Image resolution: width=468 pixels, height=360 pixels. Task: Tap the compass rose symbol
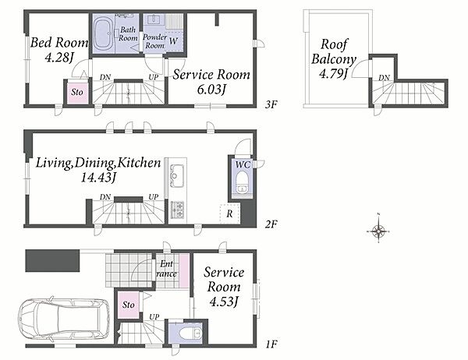pyautogui.click(x=378, y=231)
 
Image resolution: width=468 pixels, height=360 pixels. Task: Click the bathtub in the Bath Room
pyautogui.click(x=103, y=34)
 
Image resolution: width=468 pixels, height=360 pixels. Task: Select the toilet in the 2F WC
pyautogui.click(x=242, y=182)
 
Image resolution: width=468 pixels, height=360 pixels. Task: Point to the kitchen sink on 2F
pyautogui.click(x=177, y=176)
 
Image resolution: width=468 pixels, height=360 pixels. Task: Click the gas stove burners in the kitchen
pyautogui.click(x=178, y=210)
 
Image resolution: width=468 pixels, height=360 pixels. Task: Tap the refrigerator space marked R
pyautogui.click(x=230, y=214)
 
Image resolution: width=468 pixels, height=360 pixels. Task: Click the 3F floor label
pyautogui.click(x=271, y=104)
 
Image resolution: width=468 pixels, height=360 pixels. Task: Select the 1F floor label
pyautogui.click(x=271, y=344)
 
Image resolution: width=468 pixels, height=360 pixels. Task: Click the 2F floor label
pyautogui.click(x=271, y=224)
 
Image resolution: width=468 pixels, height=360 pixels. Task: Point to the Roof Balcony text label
pyautogui.click(x=334, y=52)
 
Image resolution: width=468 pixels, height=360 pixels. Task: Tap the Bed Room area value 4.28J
pyautogui.click(x=59, y=57)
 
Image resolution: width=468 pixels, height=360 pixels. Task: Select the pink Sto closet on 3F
pyautogui.click(x=77, y=92)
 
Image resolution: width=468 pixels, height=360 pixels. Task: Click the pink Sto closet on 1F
pyautogui.click(x=129, y=305)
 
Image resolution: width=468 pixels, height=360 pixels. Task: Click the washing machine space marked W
pyautogui.click(x=173, y=41)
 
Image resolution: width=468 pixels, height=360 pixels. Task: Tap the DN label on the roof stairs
pyautogui.click(x=384, y=78)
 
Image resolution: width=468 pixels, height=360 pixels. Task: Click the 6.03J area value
pyautogui.click(x=211, y=89)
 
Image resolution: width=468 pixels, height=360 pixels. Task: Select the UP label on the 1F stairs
pyautogui.click(x=154, y=316)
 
